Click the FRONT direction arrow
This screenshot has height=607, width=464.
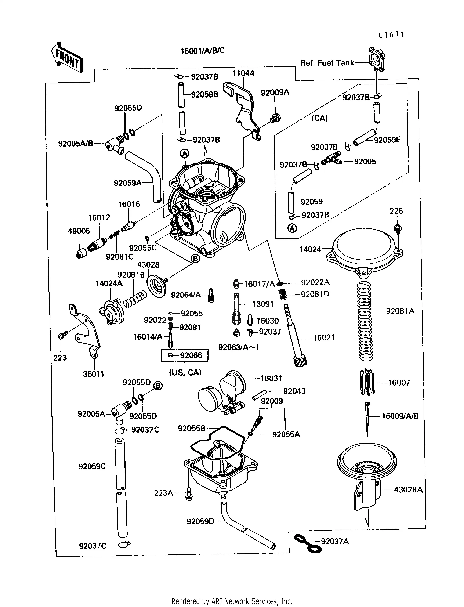67,57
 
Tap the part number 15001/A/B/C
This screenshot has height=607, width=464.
202,51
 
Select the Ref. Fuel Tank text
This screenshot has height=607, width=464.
327,63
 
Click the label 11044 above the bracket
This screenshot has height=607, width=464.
243,73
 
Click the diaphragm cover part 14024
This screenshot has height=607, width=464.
365,252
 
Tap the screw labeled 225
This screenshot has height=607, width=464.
398,229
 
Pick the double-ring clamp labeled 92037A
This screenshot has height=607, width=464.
307,543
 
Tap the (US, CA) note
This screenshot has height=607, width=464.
185,372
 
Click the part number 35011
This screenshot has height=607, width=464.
93,374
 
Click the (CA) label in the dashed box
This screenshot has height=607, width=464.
320,118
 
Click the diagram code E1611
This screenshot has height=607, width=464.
391,35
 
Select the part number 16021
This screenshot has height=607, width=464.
324,338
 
